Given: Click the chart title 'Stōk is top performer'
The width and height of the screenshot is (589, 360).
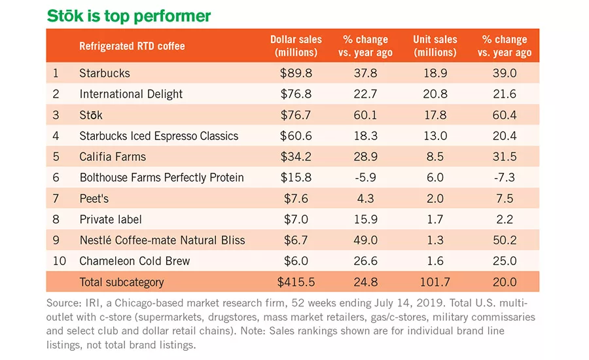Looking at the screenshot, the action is click(128, 16).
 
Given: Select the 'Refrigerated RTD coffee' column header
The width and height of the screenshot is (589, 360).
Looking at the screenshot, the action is click(132, 46).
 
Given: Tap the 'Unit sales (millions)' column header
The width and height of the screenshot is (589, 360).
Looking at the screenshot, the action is click(435, 45).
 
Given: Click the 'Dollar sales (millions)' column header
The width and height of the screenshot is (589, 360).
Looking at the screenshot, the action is click(296, 45).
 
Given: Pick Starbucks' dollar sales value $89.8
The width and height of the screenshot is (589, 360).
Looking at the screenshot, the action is click(296, 73).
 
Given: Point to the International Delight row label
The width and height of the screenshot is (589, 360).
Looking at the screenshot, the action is click(131, 94).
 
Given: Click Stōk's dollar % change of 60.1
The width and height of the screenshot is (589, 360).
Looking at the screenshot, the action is click(365, 115).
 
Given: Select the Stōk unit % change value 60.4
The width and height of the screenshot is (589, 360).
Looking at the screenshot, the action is click(505, 115).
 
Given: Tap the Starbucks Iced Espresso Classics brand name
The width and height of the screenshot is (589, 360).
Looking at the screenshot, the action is click(158, 135).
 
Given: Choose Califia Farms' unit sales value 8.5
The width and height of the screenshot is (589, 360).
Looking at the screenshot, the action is click(435, 156).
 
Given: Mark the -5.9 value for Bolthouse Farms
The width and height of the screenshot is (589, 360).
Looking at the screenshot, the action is click(365, 177).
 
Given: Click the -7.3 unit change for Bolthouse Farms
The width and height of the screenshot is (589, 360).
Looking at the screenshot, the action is click(505, 177).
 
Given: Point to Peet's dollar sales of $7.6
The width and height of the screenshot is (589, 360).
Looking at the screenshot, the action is click(296, 198).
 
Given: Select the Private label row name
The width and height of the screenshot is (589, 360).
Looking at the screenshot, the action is click(111, 219).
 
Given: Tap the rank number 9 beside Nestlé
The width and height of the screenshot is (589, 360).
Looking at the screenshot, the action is click(56, 240).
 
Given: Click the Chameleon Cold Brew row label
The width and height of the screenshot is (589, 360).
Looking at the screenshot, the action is click(134, 261).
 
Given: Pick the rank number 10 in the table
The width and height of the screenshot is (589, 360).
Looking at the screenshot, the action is click(60, 261).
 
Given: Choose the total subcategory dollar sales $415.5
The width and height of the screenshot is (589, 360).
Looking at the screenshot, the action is click(296, 282).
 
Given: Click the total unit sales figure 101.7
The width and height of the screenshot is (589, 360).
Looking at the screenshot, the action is click(435, 282).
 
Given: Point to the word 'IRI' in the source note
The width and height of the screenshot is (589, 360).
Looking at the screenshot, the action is click(93, 303).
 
